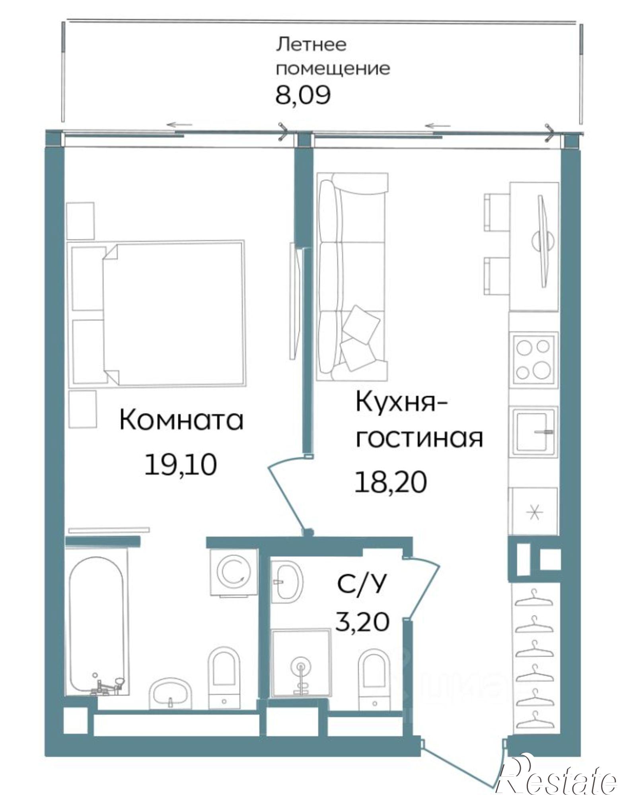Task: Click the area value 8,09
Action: (x=302, y=95)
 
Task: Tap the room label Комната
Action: (x=181, y=420)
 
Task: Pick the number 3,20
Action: (x=362, y=622)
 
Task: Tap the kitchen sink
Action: (x=533, y=430)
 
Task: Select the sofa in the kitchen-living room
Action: (x=352, y=277)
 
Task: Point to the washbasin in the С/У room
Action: (x=288, y=581)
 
